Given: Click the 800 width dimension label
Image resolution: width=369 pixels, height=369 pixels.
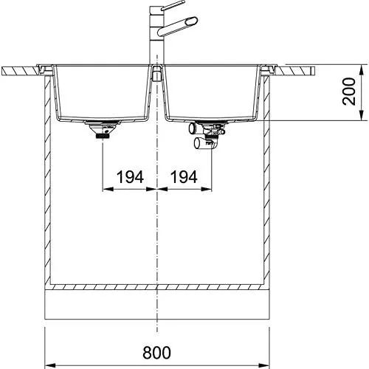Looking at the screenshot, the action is pos(156,353).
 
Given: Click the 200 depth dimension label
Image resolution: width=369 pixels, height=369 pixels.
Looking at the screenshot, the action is pos(349,92).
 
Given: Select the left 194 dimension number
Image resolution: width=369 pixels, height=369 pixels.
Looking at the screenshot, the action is pos(130,177).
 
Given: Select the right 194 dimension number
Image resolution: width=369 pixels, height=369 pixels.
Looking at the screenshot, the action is pos(184,177).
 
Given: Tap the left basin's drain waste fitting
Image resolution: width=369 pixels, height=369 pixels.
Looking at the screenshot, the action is pos(103,130).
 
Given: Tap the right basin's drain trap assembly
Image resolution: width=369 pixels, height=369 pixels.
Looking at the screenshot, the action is pos(207,134).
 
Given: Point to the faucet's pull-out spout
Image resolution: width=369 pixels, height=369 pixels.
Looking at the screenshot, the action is pos(177,27).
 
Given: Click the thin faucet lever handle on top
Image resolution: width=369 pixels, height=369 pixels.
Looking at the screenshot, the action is pos(173,5).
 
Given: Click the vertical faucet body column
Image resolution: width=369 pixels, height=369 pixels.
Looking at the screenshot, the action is pos(156,35).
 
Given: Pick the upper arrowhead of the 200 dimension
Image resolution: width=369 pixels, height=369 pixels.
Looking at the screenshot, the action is pos(361,71).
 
